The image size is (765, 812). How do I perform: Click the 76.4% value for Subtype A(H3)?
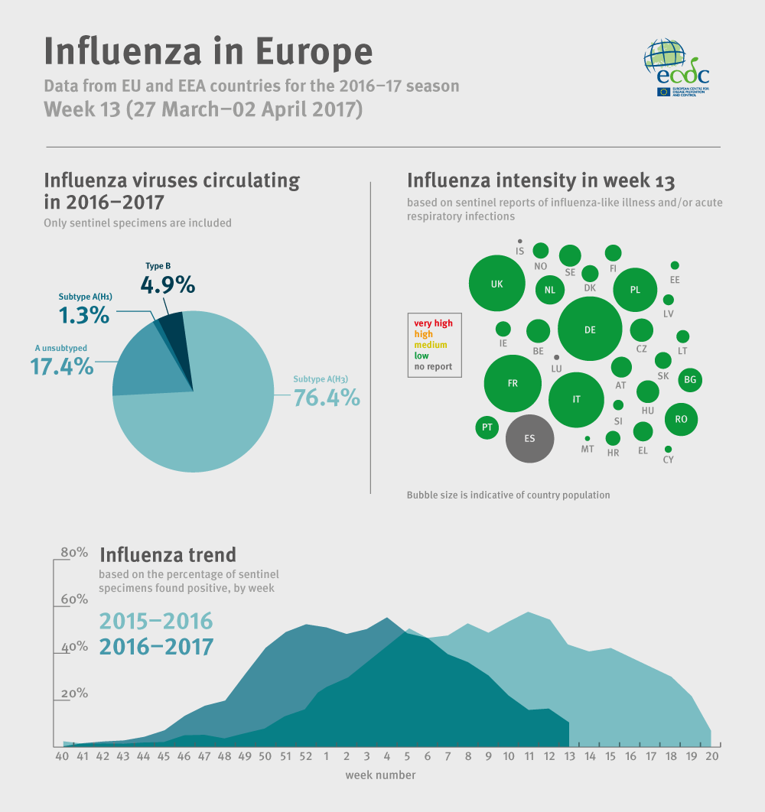(327, 398)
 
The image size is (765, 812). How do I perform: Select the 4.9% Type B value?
(168, 285)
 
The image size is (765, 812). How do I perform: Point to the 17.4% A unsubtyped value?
(61, 366)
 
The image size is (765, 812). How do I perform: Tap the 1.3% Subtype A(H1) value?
(83, 315)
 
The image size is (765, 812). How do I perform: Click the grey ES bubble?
(529, 439)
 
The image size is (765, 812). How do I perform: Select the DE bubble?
(590, 330)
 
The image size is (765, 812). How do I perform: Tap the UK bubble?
(497, 284)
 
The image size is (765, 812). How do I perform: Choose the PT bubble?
(487, 427)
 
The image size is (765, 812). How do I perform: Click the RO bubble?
(681, 419)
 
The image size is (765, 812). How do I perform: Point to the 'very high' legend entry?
(433, 323)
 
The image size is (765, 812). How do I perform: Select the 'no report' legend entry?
(433, 366)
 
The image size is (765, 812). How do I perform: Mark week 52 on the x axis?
(306, 756)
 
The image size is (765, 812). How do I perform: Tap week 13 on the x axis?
(569, 756)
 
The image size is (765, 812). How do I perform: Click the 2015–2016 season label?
(156, 621)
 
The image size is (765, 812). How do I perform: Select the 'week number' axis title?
(380, 775)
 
